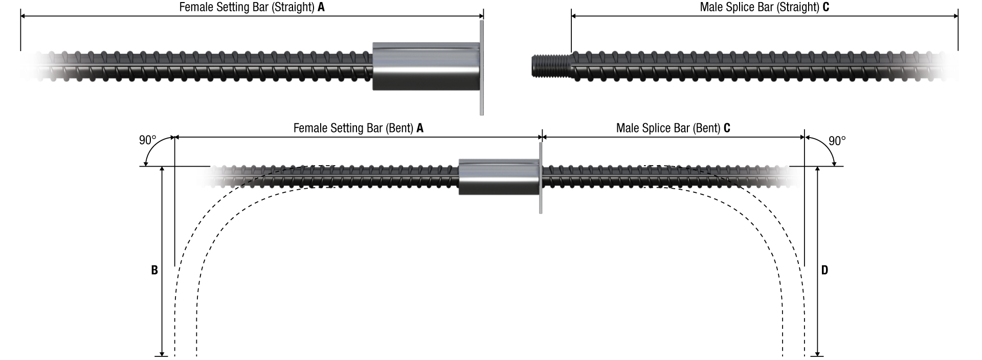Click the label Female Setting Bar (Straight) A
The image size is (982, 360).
[x=252, y=7]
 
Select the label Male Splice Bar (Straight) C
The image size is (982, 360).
[x=764, y=7]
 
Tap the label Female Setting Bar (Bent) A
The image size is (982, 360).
[x=358, y=128]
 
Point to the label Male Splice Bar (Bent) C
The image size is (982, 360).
[x=673, y=128]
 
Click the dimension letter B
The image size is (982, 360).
[x=154, y=270]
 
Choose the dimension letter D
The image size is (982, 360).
[x=824, y=270]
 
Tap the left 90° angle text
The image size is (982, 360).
[x=147, y=140]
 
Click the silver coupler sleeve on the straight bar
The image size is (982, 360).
[x=426, y=66]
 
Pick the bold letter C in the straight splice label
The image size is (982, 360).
[x=825, y=7]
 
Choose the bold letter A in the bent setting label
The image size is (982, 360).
[x=420, y=128]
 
